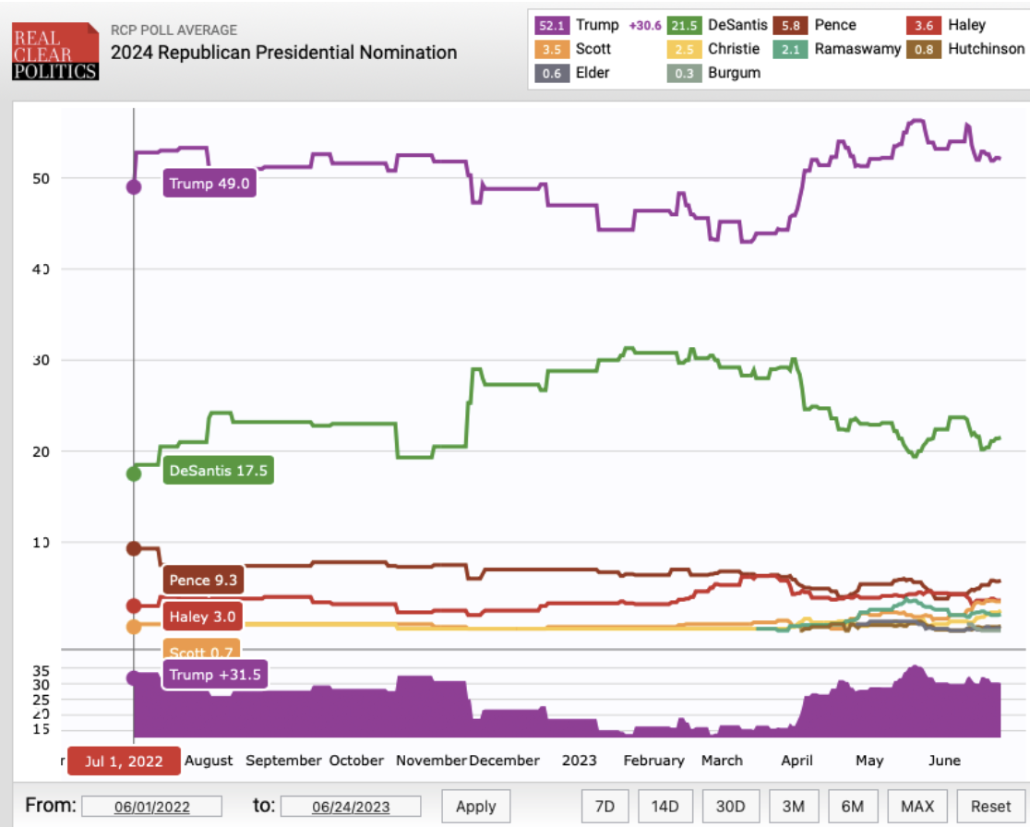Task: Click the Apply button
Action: tap(476, 806)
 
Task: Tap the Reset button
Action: tap(989, 806)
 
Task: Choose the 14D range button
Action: tap(665, 806)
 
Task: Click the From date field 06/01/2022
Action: tap(152, 807)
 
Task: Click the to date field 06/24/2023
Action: tap(351, 807)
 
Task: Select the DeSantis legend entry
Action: tap(723, 26)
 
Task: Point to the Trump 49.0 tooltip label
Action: tap(209, 184)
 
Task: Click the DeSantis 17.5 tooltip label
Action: tap(219, 471)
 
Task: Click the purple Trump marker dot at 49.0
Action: tap(134, 186)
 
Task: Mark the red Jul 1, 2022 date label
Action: tap(124, 761)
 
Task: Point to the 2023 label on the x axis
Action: tap(580, 761)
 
